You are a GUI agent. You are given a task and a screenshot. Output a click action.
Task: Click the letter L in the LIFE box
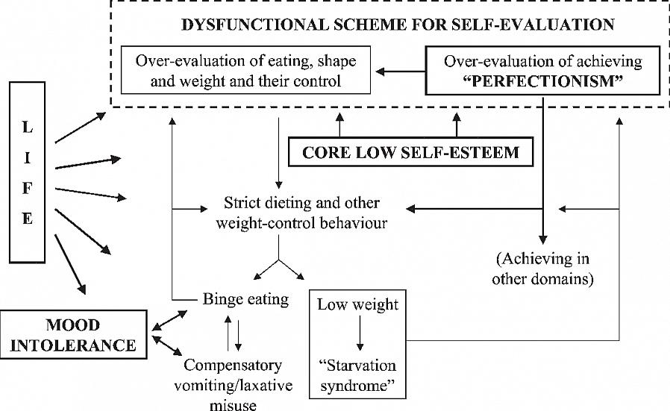[x=28, y=128]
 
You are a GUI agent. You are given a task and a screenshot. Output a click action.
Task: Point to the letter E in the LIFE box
[x=28, y=219]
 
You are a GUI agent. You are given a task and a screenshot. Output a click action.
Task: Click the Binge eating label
[x=245, y=300]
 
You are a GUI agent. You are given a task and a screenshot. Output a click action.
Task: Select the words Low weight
[x=357, y=304]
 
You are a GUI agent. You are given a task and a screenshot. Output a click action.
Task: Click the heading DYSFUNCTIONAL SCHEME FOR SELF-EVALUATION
[x=398, y=25]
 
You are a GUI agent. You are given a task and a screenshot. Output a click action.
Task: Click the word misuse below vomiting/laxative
[x=232, y=404]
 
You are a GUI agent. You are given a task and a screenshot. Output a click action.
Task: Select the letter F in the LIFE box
[x=28, y=189]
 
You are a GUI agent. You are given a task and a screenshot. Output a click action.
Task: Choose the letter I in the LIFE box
[x=28, y=158]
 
